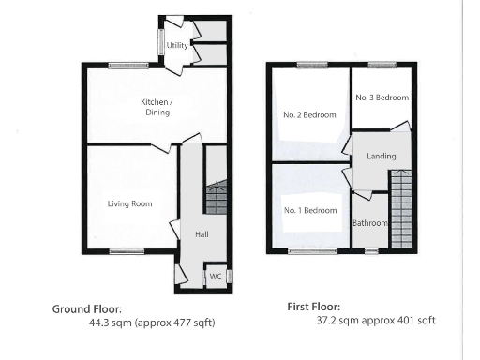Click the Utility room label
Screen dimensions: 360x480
[176, 45]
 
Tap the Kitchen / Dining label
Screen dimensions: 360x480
[156, 106]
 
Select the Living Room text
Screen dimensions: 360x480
[128, 202]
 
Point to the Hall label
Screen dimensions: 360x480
[202, 234]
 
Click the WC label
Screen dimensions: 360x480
[215, 277]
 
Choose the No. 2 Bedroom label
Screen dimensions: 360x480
[309, 114]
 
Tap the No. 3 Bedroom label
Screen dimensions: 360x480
[382, 97]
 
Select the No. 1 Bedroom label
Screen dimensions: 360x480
[309, 210]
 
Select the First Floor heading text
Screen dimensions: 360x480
[313, 307]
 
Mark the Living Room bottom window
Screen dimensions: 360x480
[125, 250]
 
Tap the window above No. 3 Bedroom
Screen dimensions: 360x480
[381, 64]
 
